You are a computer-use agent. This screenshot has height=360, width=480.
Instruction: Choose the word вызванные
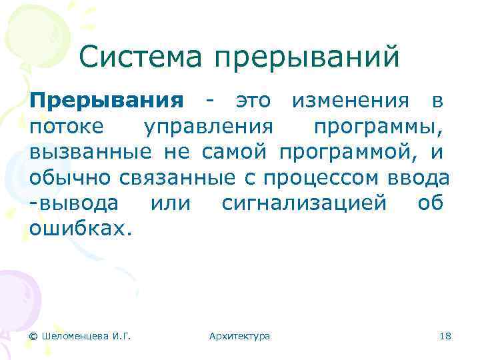(91, 153)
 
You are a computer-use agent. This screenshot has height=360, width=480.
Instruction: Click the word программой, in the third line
(349, 153)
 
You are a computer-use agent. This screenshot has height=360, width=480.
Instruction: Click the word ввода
(419, 179)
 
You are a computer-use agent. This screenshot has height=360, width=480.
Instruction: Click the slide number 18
(446, 336)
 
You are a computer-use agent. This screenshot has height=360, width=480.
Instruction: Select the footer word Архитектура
(239, 336)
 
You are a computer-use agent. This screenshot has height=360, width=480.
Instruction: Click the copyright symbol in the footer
(33, 336)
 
